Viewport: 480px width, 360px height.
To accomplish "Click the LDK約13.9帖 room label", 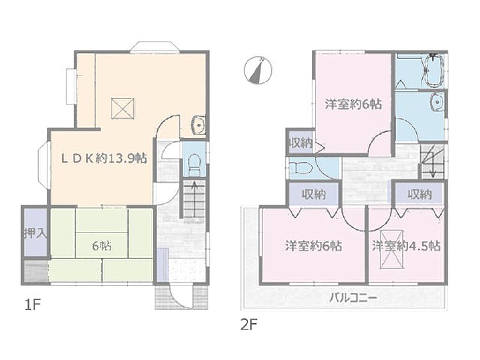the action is [104, 158].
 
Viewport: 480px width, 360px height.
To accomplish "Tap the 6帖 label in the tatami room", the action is [102, 247].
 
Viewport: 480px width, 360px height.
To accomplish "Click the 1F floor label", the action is [32, 305].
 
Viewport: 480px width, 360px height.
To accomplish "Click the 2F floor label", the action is [248, 325].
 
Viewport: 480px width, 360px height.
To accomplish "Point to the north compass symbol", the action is [258, 70].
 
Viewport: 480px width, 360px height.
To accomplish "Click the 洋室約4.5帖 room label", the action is [406, 246].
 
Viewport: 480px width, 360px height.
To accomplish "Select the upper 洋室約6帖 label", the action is [353, 105].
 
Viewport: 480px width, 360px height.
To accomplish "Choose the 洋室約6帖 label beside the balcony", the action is [314, 246].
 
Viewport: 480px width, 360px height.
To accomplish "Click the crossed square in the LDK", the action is [122, 108].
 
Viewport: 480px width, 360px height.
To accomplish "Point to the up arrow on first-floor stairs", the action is [194, 198].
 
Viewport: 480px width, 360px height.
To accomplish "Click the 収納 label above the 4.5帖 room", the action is [420, 194].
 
